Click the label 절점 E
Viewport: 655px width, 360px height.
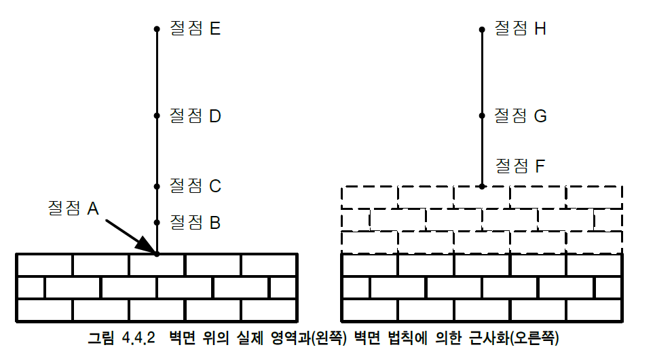(x=195, y=29)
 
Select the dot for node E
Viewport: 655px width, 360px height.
(x=157, y=29)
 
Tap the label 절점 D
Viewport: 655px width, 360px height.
(x=195, y=116)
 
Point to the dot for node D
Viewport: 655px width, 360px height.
(x=157, y=115)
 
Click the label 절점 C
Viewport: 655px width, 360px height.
(x=195, y=186)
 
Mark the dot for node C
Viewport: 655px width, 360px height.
(x=157, y=187)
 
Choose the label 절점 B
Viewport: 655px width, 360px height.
(x=195, y=222)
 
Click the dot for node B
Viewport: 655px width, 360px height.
(x=157, y=222)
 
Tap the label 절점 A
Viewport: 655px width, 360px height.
(x=73, y=208)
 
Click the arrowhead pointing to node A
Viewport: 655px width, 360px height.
(x=147, y=247)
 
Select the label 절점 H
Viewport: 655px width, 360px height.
(x=521, y=29)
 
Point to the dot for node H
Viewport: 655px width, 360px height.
(x=482, y=29)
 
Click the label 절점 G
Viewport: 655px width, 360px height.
(x=521, y=116)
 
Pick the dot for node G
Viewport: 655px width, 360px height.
(x=482, y=115)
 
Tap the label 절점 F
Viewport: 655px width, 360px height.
(x=521, y=166)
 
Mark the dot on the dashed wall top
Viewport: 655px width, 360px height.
(x=482, y=187)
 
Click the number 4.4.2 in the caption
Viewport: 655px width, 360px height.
(x=138, y=338)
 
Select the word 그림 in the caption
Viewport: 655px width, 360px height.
(x=100, y=338)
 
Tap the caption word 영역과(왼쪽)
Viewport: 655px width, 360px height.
(x=309, y=338)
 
